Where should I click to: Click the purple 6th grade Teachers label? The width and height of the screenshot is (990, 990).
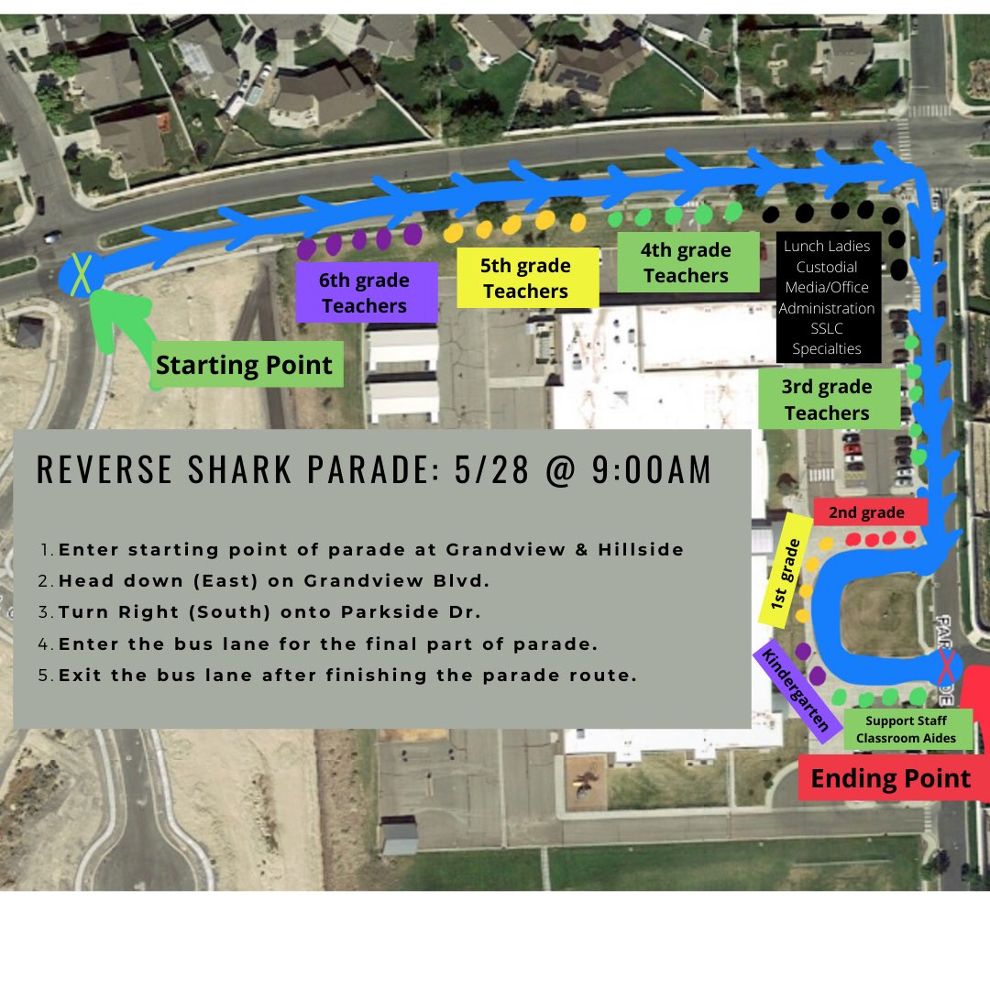[x=366, y=292]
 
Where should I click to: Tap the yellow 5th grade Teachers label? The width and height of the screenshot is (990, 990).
[x=526, y=279]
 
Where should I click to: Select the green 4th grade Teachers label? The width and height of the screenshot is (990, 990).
[x=686, y=262]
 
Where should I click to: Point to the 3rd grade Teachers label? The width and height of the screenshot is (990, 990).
[x=827, y=400]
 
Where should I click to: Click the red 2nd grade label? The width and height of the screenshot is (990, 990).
[x=866, y=512]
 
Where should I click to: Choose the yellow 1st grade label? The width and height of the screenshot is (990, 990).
[x=786, y=569]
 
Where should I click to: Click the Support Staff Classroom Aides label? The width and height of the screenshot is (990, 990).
[x=906, y=730]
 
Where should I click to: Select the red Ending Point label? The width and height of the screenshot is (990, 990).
[x=890, y=779]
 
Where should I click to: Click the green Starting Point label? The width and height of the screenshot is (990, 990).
[x=244, y=365]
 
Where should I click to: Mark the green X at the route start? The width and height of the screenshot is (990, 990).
[x=82, y=274]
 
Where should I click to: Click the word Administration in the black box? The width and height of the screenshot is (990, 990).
[x=827, y=308]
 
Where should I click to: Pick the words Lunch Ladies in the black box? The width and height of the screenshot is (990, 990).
[x=827, y=246]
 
